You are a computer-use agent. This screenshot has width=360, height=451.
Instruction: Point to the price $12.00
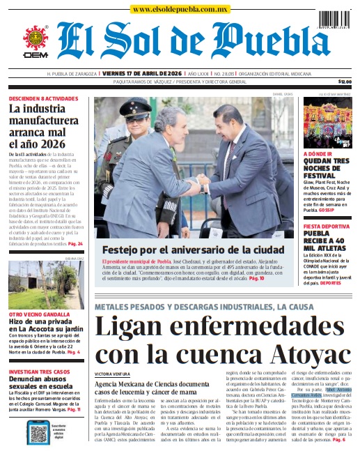pos(344,82)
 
